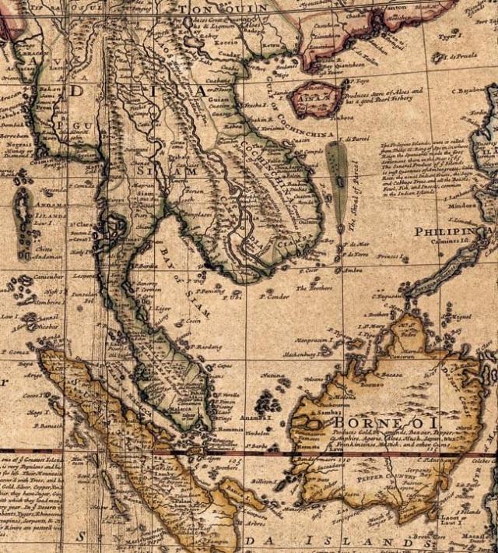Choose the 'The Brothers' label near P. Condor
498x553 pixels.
314,287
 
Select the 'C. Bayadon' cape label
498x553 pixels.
472,90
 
